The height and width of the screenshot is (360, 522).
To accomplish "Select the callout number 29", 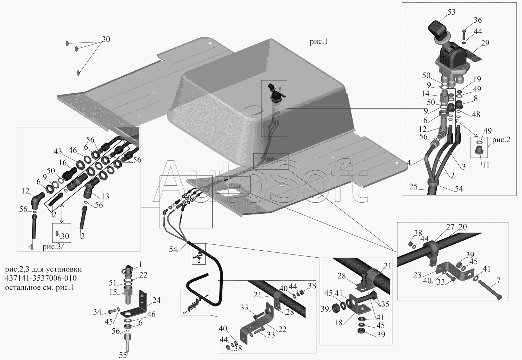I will (x=485, y=43).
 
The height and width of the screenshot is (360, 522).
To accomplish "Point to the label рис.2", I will (x=501, y=140).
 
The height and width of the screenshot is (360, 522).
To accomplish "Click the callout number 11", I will (x=486, y=165).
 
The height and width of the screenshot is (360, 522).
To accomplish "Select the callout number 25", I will (x=413, y=187).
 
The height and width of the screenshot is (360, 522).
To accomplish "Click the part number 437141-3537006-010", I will (x=41, y=279).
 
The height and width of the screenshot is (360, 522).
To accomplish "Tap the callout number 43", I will (x=58, y=152).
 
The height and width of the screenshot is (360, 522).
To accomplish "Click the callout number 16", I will (x=63, y=163).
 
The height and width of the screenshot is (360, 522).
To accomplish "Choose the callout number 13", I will (x=105, y=197).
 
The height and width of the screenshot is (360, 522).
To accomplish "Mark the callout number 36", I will (x=478, y=20).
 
